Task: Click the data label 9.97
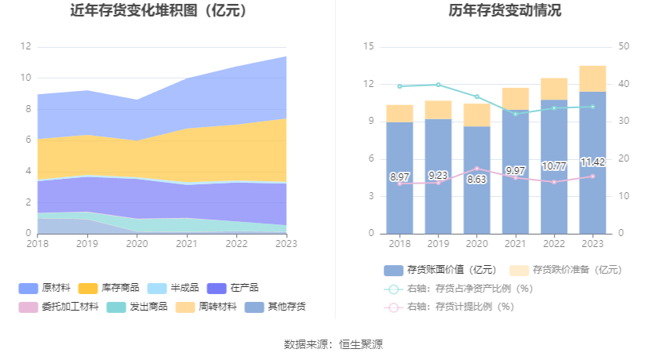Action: point(516,170)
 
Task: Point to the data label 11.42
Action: point(592,162)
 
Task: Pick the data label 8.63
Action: point(476,179)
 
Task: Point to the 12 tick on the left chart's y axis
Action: point(26,47)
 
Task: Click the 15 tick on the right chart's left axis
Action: point(369,47)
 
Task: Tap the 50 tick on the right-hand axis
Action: point(624,47)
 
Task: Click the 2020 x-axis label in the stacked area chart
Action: point(137,244)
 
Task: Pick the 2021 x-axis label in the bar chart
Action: point(516,244)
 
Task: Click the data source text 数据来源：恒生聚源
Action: point(333,344)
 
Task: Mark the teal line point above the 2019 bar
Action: point(438,85)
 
